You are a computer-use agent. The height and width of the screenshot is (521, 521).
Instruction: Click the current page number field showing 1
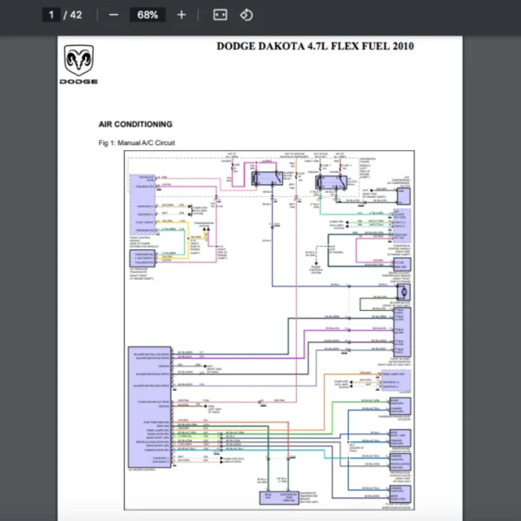tap(52, 15)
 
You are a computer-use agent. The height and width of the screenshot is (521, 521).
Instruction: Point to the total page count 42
tap(76, 15)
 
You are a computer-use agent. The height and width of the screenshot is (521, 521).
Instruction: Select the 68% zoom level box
tap(148, 15)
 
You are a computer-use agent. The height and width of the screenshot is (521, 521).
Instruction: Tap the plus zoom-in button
tap(181, 15)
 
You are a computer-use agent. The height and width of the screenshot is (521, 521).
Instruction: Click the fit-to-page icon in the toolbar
tap(220, 15)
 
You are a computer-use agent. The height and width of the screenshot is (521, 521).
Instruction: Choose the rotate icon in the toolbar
tap(246, 15)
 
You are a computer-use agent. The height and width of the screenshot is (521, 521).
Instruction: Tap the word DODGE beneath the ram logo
tap(78, 82)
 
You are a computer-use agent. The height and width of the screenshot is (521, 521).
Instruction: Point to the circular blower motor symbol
tap(402, 292)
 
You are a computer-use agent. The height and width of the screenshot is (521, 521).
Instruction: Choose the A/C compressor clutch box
tap(402, 196)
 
